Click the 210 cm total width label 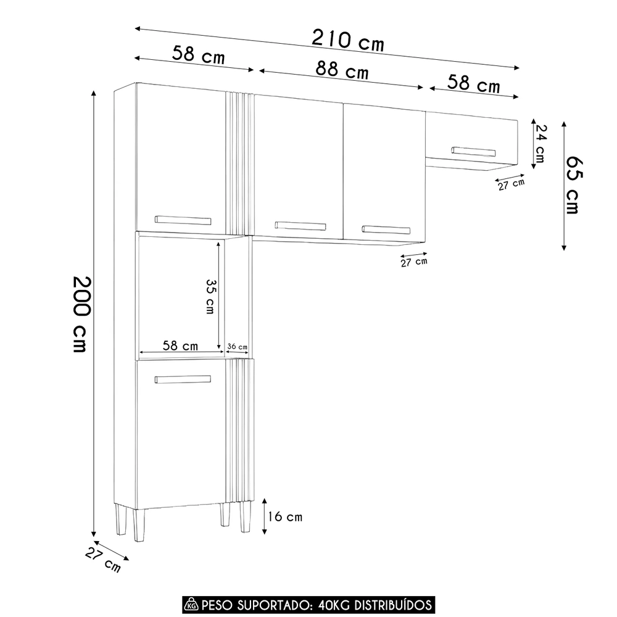tap(347, 41)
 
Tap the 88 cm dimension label tap(342, 70)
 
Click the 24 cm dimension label tap(540, 143)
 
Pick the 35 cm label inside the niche tap(210, 296)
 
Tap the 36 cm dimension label tap(238, 347)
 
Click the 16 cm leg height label tap(286, 516)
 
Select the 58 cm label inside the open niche tap(180, 346)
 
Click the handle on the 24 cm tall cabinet tap(473, 151)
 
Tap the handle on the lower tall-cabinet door tap(183, 379)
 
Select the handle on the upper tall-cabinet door tap(183, 220)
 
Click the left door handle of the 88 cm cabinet tap(300, 225)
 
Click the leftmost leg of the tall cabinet tap(121, 521)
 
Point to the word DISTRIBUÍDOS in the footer tap(392, 603)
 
